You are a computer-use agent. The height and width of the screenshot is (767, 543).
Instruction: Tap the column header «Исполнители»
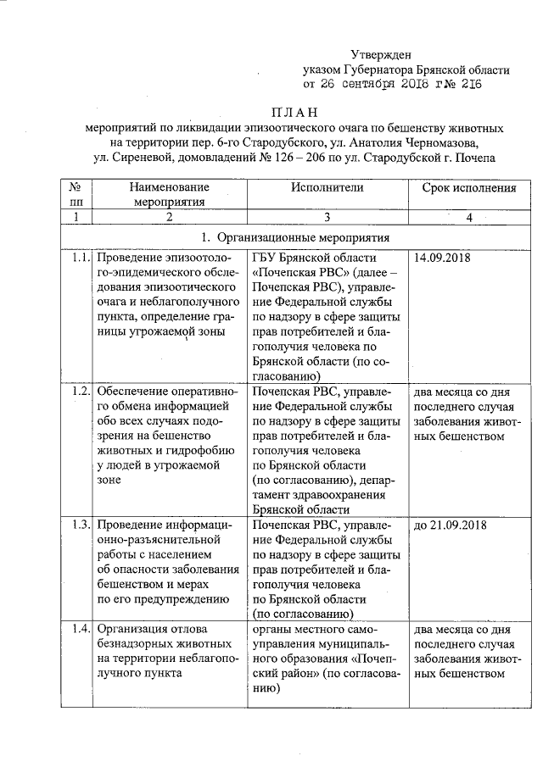tap(326, 186)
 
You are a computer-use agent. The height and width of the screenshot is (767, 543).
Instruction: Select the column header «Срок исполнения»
tap(469, 186)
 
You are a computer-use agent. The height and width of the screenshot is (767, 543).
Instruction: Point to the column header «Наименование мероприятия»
tap(169, 194)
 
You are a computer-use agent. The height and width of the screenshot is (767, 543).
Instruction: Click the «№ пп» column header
tap(76, 194)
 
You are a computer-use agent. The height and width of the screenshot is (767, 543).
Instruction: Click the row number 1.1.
tap(81, 257)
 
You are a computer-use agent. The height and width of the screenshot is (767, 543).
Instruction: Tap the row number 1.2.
tap(81, 391)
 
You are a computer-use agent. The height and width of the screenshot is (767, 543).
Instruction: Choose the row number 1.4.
tap(81, 628)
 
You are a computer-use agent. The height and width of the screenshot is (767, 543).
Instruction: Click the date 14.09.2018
tap(442, 257)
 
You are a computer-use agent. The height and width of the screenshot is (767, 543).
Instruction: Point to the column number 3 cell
tap(326, 218)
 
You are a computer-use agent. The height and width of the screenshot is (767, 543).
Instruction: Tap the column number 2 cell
tap(169, 218)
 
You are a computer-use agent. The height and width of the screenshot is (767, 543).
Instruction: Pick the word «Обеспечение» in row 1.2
tap(132, 391)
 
